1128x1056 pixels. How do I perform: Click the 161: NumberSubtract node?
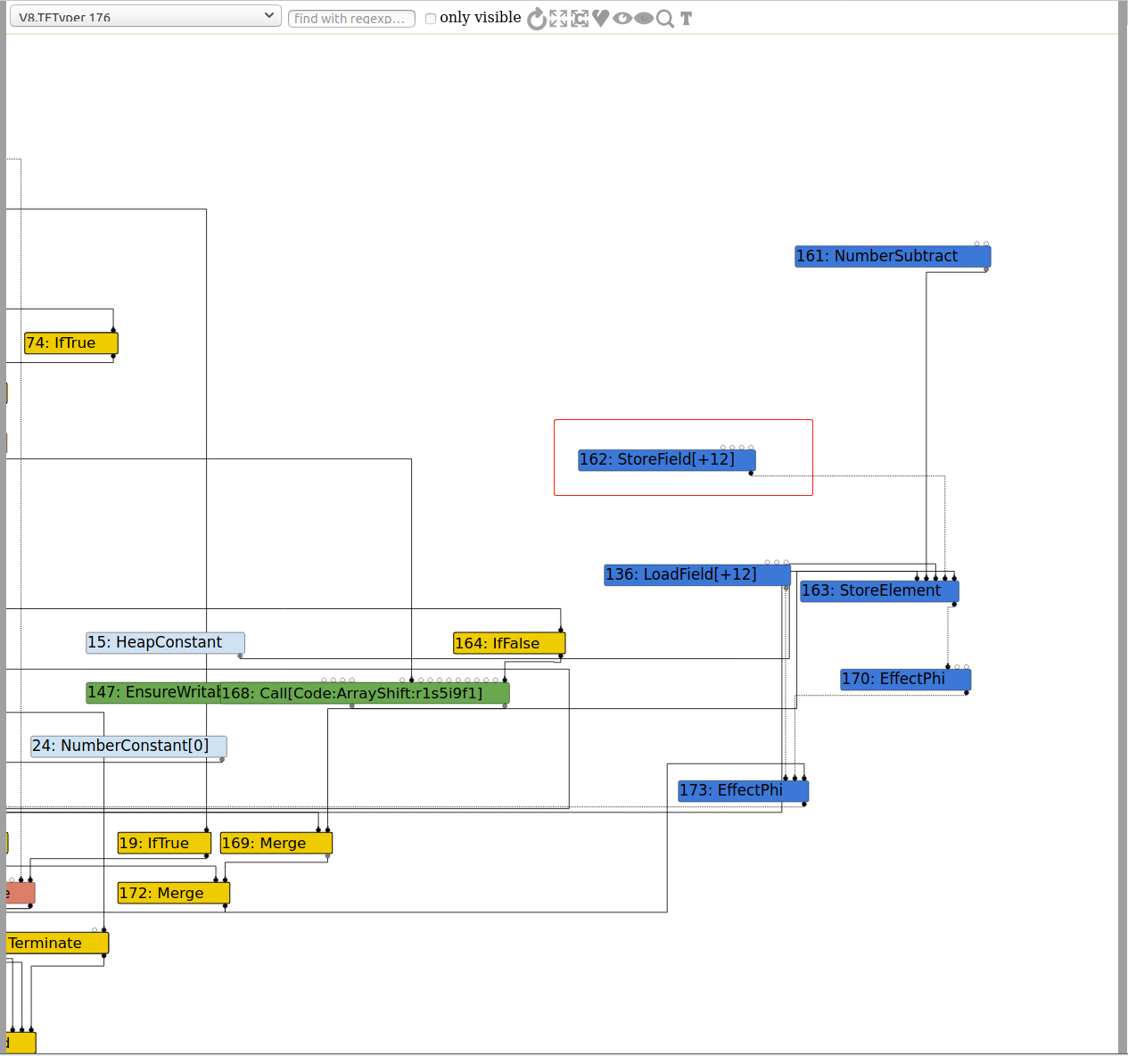(893, 257)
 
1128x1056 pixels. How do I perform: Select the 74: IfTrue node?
(70, 343)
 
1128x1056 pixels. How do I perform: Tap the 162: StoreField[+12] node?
(666, 460)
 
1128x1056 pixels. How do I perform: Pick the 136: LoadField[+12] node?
(696, 575)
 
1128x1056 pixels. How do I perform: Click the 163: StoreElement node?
(879, 591)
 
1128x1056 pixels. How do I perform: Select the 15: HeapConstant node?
(165, 643)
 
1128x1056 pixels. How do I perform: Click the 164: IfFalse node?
(509, 643)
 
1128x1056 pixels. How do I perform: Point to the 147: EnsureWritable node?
(152, 693)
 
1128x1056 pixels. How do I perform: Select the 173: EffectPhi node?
(743, 791)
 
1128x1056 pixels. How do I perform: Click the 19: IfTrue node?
(164, 844)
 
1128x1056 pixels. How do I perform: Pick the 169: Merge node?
(276, 844)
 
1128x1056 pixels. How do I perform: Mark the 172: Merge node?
(173, 894)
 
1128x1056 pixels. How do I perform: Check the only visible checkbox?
(431, 19)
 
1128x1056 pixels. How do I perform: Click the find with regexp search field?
(351, 19)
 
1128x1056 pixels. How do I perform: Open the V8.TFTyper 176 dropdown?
(145, 17)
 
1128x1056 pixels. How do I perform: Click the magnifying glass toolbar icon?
(665, 19)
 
